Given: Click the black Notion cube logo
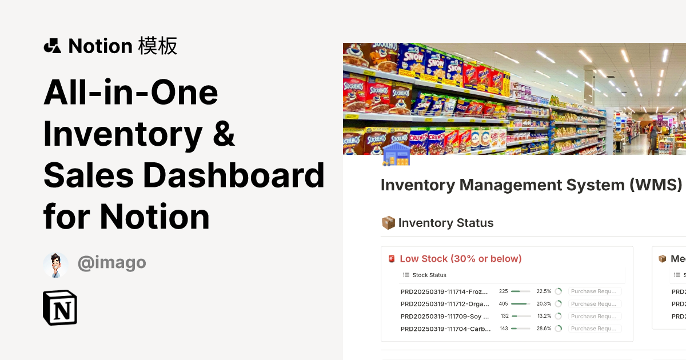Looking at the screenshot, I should (x=60, y=308).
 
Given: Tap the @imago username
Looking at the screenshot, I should (x=111, y=263).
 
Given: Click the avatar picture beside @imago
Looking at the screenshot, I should (x=55, y=265).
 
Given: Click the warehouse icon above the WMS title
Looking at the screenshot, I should (x=396, y=154).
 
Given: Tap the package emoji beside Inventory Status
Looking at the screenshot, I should (x=388, y=223).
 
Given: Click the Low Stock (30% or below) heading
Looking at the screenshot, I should (x=461, y=259).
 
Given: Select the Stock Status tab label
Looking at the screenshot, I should (x=429, y=275).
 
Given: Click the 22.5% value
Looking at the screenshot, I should (x=544, y=291).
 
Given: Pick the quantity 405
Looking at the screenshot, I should (x=503, y=304).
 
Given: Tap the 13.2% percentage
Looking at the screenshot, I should (x=544, y=316).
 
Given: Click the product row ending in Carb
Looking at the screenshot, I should (x=445, y=329).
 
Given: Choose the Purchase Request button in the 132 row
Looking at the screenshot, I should (x=595, y=316).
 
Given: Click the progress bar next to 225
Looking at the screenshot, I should (x=520, y=291).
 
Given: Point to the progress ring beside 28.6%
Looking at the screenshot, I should (x=559, y=329).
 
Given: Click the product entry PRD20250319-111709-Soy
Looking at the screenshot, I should (x=445, y=316).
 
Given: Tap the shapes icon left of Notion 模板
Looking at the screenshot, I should (x=52, y=46).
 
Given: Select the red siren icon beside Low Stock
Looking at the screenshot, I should (x=392, y=259).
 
